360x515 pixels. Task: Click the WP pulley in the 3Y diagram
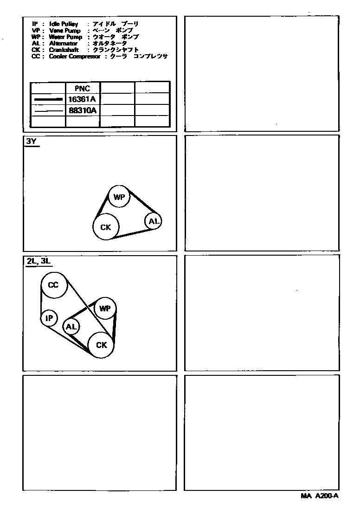coord(119,197)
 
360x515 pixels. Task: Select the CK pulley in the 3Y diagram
coord(106,227)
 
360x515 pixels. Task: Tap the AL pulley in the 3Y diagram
coord(154,221)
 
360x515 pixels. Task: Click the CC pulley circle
coord(53,284)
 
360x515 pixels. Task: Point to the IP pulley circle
coord(49,318)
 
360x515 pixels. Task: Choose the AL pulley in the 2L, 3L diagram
coord(71,327)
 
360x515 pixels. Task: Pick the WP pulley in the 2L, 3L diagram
coord(105,308)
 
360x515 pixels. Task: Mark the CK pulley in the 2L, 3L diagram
coord(102,345)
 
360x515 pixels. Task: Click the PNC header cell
coord(83,88)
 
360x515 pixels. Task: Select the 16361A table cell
coord(83,99)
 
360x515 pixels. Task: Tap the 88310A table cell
coord(83,110)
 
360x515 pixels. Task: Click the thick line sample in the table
coord(48,99)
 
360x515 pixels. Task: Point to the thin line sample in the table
coord(48,111)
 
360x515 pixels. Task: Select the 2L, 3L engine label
coord(38,261)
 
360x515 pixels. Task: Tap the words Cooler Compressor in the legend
coord(74,56)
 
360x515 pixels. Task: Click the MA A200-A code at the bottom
coord(320,496)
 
